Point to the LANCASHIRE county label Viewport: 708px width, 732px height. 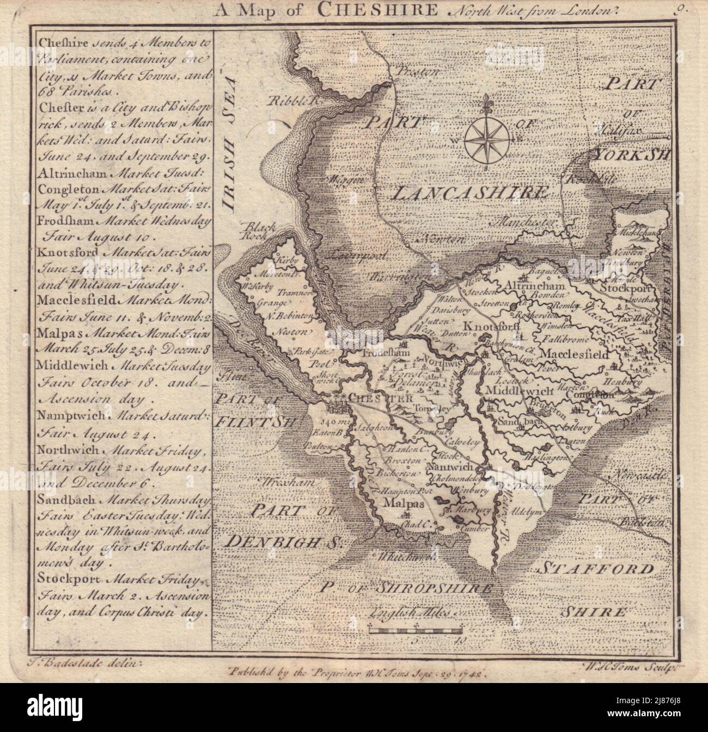469,192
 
